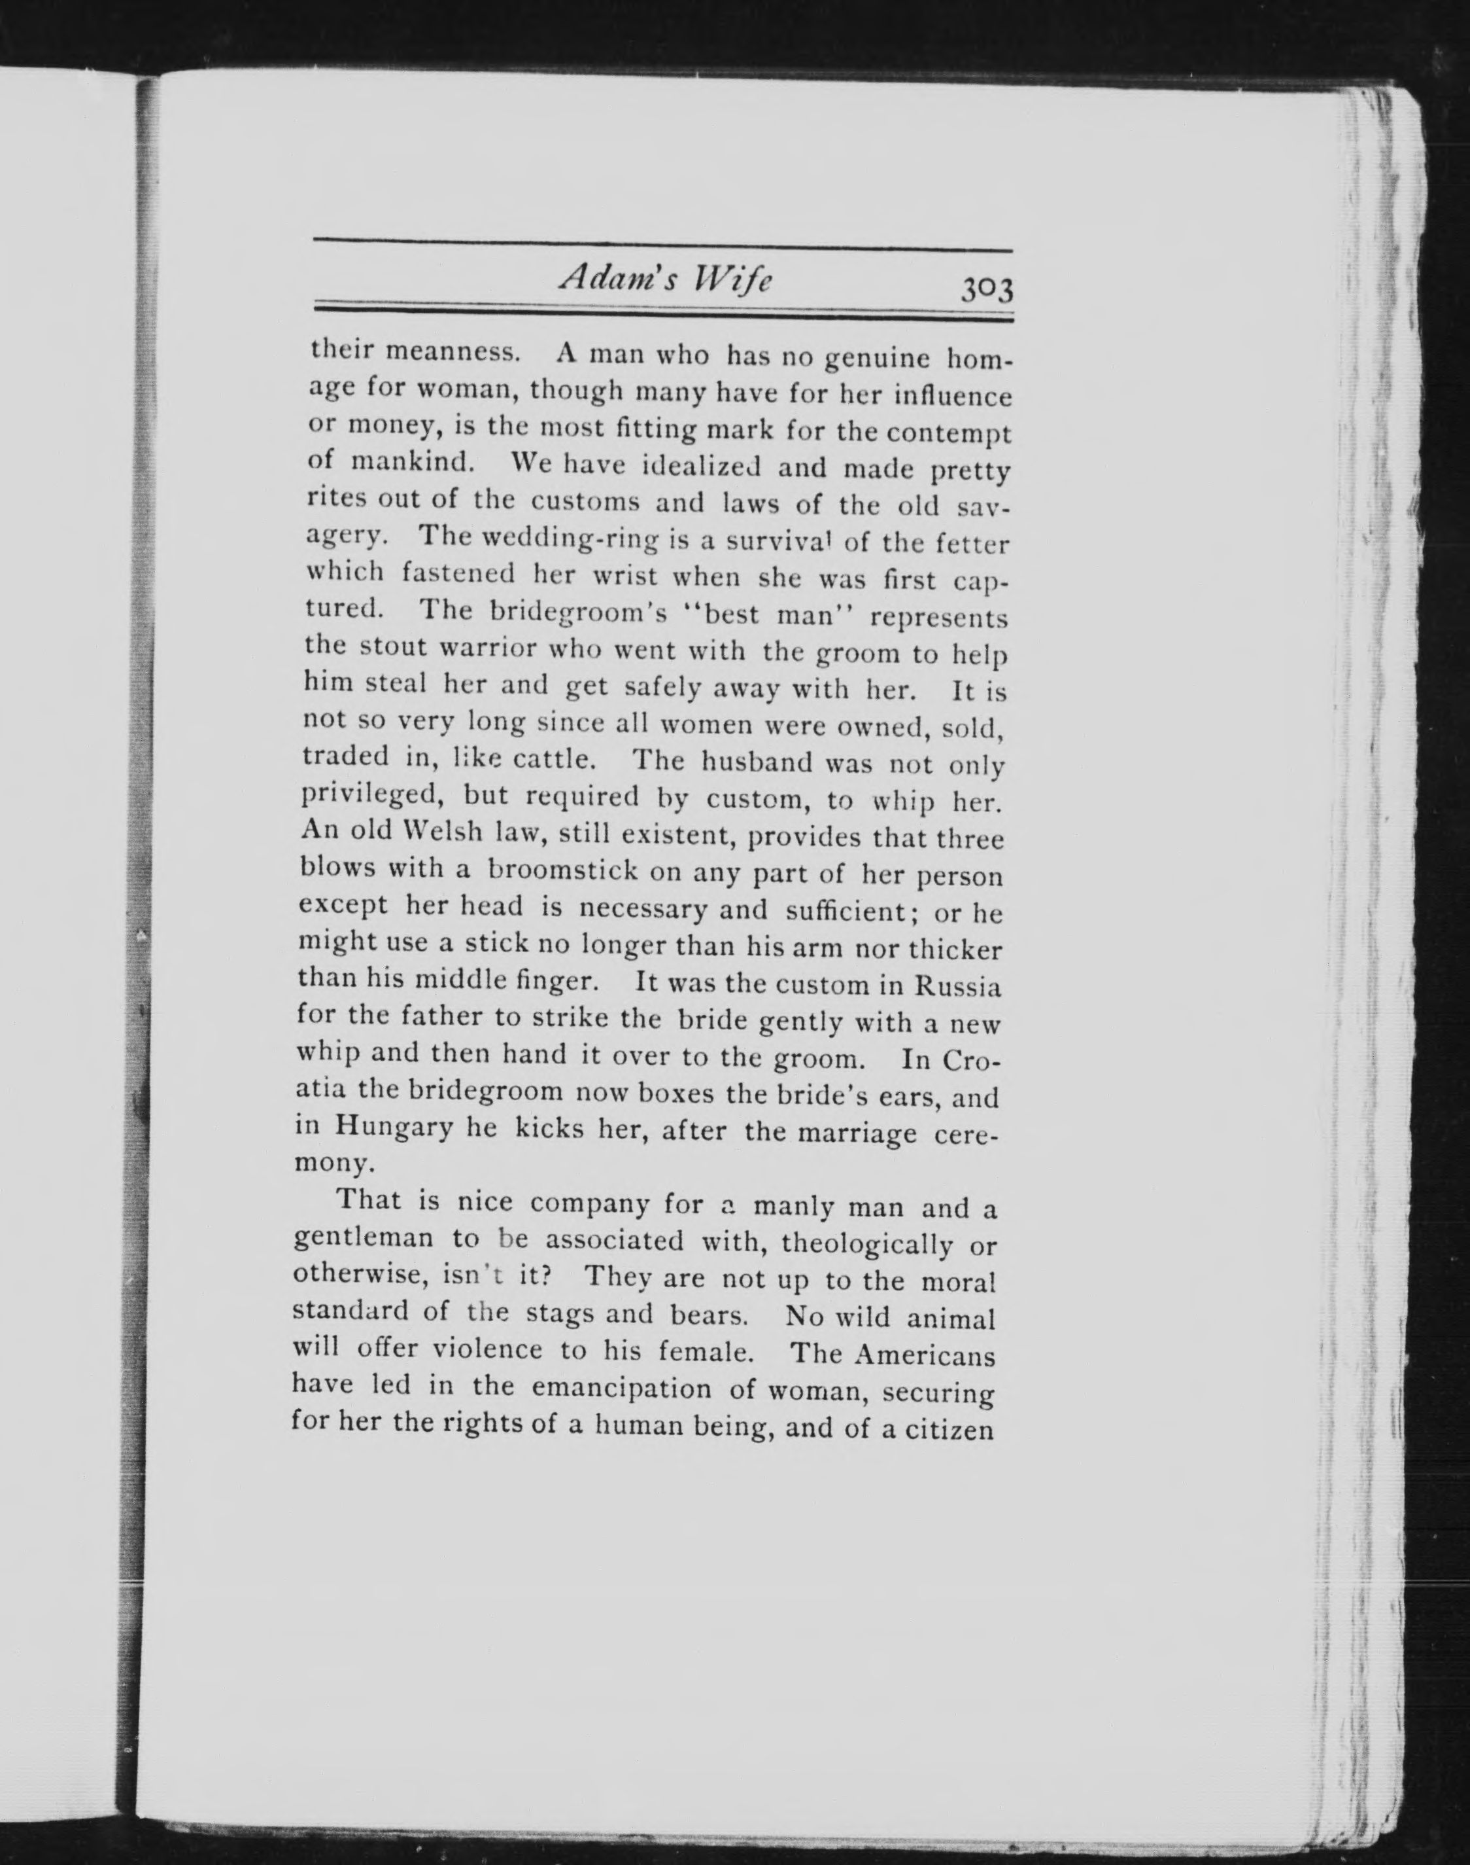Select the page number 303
click(988, 289)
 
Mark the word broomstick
click(563, 870)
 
